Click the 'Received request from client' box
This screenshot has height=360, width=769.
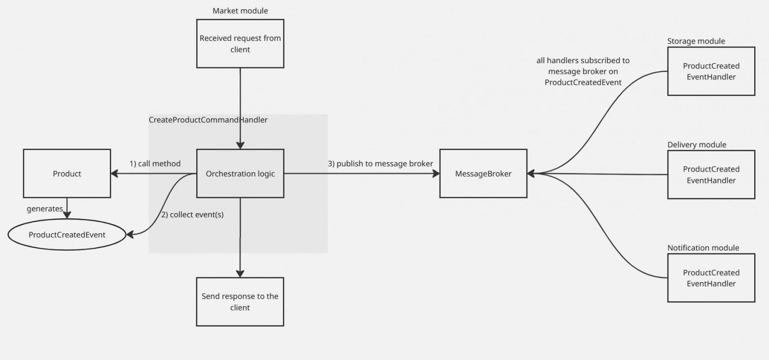(x=241, y=43)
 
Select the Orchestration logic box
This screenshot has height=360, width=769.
(x=241, y=174)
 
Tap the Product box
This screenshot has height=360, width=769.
(x=67, y=174)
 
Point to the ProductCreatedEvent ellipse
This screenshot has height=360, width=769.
(x=67, y=235)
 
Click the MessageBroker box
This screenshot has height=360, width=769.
(x=484, y=174)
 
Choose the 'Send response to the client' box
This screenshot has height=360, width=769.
(x=240, y=302)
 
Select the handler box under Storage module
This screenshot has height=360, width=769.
(x=711, y=71)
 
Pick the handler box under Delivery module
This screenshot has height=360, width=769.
(x=711, y=175)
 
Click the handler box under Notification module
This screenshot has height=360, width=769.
(x=711, y=278)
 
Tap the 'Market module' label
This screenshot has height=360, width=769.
(x=241, y=11)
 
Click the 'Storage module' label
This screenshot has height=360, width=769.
(x=696, y=41)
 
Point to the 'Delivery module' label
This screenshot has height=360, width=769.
(x=697, y=144)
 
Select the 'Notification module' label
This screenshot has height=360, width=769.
(x=703, y=248)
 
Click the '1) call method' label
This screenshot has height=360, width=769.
(x=155, y=164)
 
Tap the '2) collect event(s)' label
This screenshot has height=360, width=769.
(x=193, y=215)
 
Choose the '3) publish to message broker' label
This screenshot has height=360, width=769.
(x=381, y=164)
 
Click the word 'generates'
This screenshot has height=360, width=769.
(x=45, y=209)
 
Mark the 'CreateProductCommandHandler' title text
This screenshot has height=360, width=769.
(x=208, y=120)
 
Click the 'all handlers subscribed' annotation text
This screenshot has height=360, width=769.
(x=583, y=72)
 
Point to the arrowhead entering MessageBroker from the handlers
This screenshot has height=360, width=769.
(x=531, y=174)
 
